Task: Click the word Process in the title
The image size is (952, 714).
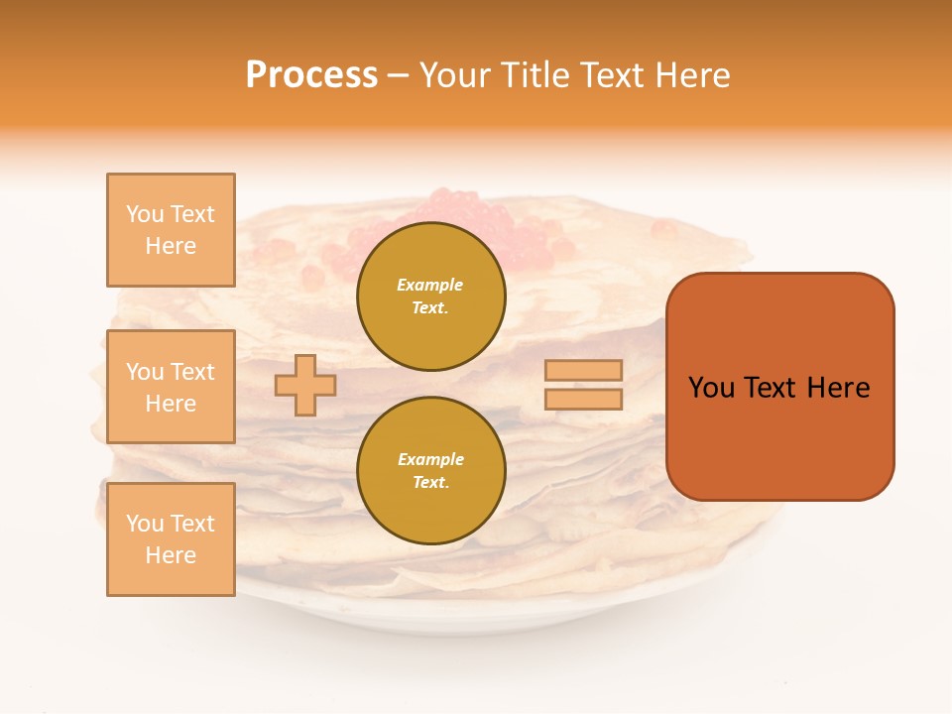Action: tap(311, 75)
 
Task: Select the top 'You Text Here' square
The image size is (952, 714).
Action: tap(171, 230)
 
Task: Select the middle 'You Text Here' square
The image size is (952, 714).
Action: tap(171, 387)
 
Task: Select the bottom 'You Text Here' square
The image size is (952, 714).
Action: tap(171, 539)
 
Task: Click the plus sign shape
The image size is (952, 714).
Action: tap(305, 385)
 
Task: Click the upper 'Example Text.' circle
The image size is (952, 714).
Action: tap(430, 296)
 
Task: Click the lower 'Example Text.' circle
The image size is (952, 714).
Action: tap(430, 470)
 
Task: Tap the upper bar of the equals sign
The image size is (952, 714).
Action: tap(583, 371)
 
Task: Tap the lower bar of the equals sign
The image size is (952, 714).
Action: tap(583, 400)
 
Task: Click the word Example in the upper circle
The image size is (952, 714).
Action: tap(430, 285)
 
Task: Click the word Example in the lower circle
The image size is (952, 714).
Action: tap(430, 459)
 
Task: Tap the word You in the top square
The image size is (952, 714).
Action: tap(145, 214)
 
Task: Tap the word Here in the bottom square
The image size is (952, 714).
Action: tap(171, 555)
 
